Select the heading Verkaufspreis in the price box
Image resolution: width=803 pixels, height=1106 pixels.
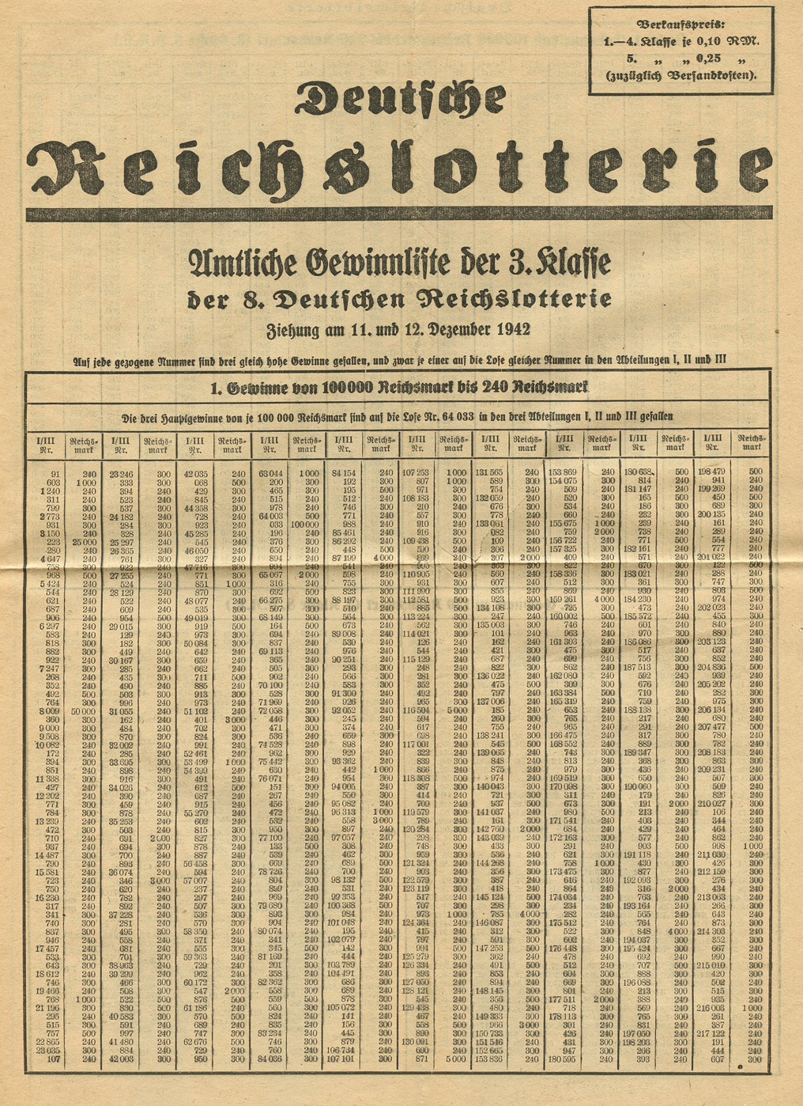[x=680, y=24]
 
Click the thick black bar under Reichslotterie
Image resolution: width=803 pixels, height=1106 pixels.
[x=399, y=214]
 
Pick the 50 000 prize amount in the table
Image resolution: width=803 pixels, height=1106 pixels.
[x=83, y=713]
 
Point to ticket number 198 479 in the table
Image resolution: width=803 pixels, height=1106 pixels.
[x=713, y=472]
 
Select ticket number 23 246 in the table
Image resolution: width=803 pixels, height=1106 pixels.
[x=121, y=472]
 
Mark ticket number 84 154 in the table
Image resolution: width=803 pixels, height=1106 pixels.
[x=342, y=472]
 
